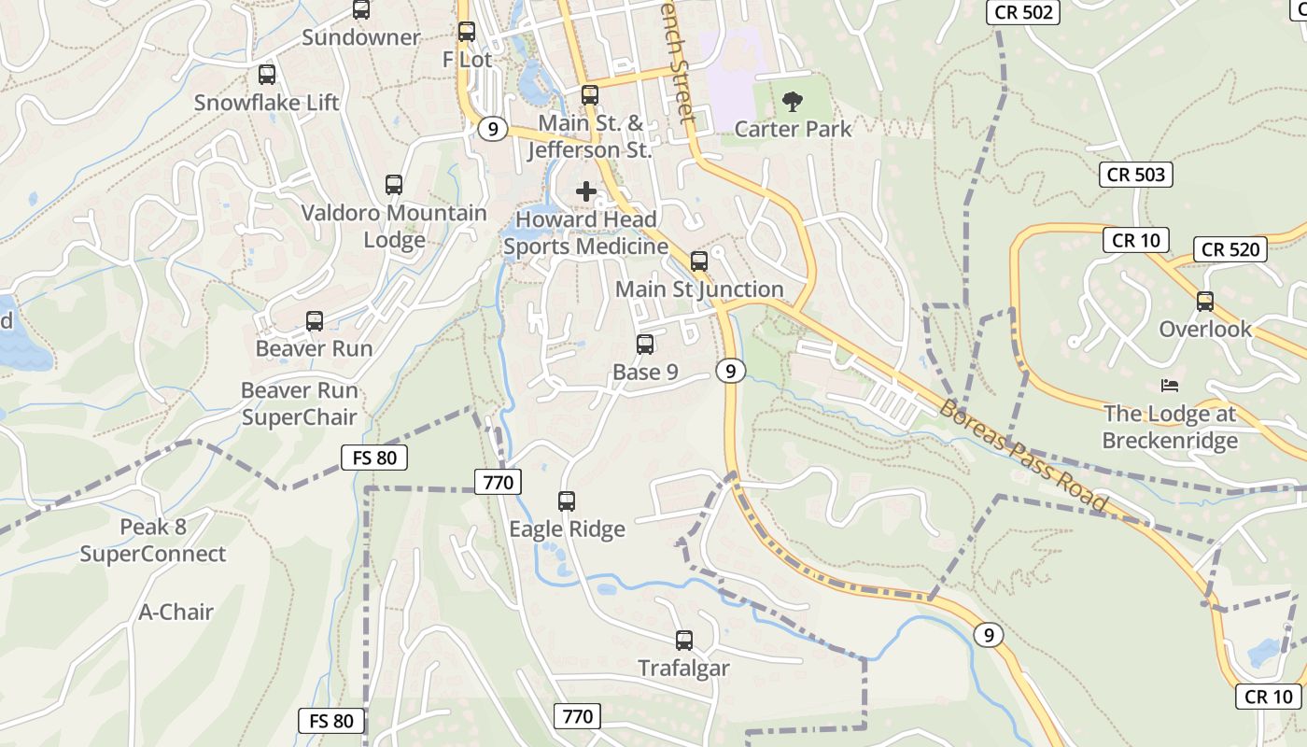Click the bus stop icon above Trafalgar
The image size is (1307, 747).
[684, 641]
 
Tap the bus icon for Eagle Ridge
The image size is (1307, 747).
[567, 501]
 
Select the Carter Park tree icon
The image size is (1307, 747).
[793, 101]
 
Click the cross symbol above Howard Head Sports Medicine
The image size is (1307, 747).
[586, 191]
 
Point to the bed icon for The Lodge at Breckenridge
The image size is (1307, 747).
[1170, 386]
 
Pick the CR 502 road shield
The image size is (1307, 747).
[1023, 12]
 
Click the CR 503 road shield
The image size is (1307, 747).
[1136, 175]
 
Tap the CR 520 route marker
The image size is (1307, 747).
[1230, 249]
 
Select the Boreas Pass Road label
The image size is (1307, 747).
[1023, 457]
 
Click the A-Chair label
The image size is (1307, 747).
[176, 613]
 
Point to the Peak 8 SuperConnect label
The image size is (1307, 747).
[153, 541]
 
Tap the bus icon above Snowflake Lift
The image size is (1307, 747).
[267, 75]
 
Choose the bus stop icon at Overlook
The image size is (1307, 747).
[1205, 302]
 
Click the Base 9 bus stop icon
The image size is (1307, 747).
[645, 345]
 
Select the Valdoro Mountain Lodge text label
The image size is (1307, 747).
[394, 226]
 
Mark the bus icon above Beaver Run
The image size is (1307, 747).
[315, 321]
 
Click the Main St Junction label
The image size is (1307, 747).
[699, 289]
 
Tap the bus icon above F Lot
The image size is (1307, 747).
[467, 32]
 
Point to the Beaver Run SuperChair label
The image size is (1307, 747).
[300, 403]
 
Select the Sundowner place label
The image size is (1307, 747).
[361, 38]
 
